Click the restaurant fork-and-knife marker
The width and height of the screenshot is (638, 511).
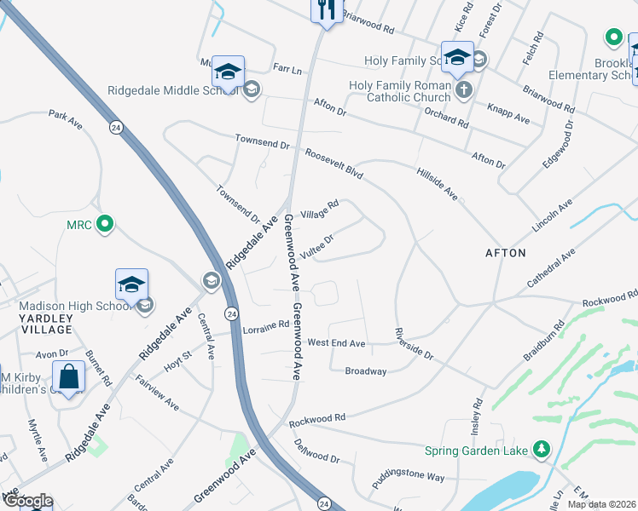coord(325,9)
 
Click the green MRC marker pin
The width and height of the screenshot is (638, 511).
coord(104,225)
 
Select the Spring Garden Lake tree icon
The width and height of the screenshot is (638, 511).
coord(539,448)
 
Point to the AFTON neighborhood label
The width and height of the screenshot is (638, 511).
coord(506,253)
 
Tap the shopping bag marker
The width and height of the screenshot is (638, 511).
coord(68,376)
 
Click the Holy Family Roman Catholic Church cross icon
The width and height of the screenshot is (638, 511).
coord(463,90)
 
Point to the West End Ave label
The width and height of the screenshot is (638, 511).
coord(336,343)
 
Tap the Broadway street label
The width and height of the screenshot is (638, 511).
coord(366,371)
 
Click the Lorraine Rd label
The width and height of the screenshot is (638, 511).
coord(265,325)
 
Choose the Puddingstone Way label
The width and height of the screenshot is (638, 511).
coord(408,479)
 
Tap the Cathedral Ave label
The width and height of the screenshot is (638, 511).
coord(553,267)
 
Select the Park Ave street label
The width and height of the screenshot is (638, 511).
coord(65,119)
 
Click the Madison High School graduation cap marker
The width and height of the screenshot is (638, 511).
coord(132,284)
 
